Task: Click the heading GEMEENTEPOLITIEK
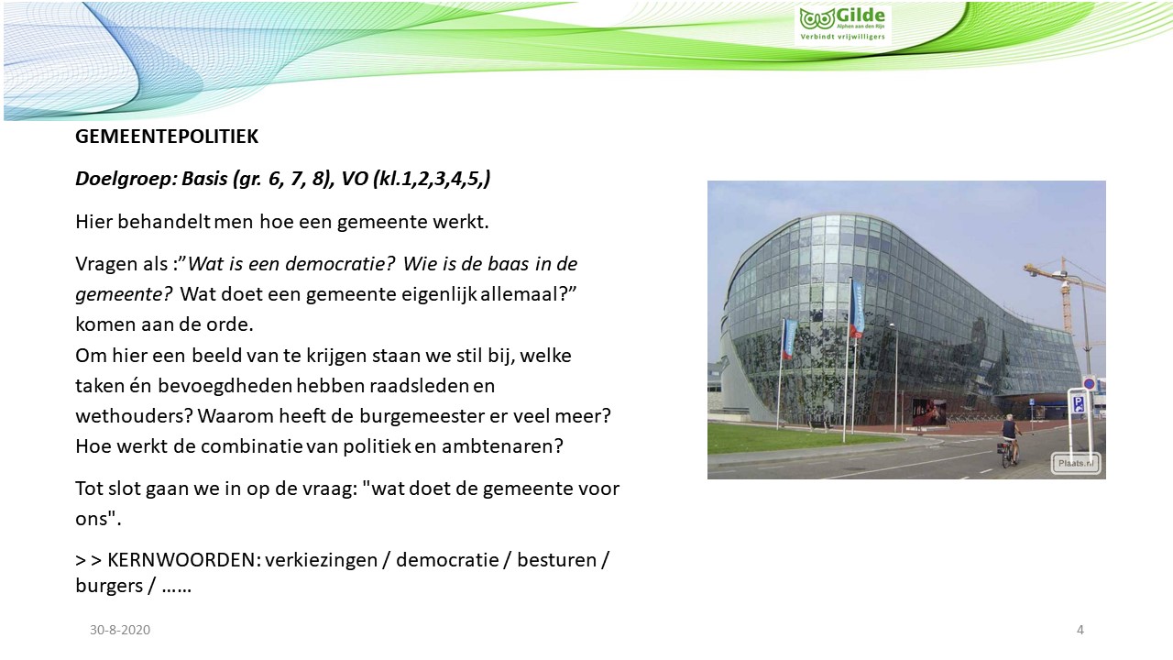167,137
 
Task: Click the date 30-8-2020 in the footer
120,630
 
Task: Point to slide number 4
1080,630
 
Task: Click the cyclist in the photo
1010,440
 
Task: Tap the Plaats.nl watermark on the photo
1076,463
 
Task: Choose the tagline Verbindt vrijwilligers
842,37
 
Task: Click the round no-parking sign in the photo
1090,383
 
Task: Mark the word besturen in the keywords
556,560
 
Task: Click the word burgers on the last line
109,586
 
